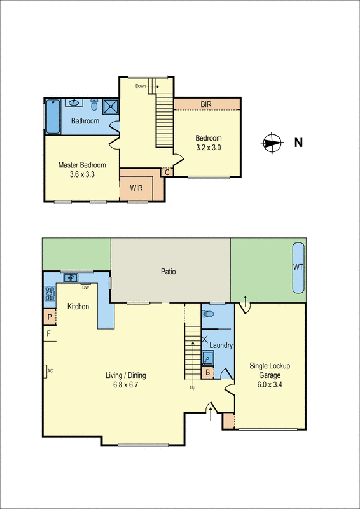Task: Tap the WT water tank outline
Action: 298,267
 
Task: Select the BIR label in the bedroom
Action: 206,104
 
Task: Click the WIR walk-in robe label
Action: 135,188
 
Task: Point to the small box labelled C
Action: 167,172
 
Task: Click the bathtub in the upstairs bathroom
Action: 52,116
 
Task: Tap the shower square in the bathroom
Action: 111,106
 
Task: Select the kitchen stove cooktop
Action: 50,293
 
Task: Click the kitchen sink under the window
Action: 70,277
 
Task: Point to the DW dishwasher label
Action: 85,286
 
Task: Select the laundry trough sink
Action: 208,357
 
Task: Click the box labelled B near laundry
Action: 207,373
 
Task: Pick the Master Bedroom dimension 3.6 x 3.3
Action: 82,174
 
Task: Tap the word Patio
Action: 168,272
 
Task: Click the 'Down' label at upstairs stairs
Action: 141,86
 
